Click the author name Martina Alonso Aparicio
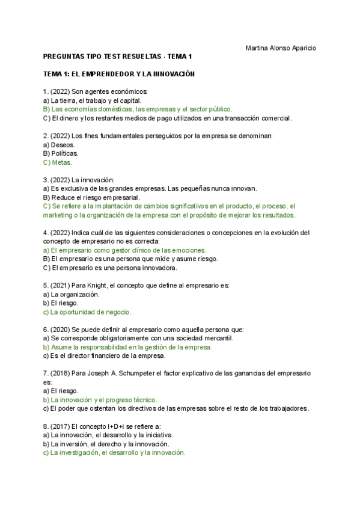pos(281,48)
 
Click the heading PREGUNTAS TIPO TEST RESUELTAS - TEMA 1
pos(117,57)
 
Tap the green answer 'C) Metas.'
pos(58,162)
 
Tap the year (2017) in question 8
pos(61,426)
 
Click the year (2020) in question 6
pos(61,330)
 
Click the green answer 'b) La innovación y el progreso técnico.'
pos(100,399)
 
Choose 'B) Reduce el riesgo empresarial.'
pos(92,197)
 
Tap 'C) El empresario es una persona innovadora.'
pos(110,268)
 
